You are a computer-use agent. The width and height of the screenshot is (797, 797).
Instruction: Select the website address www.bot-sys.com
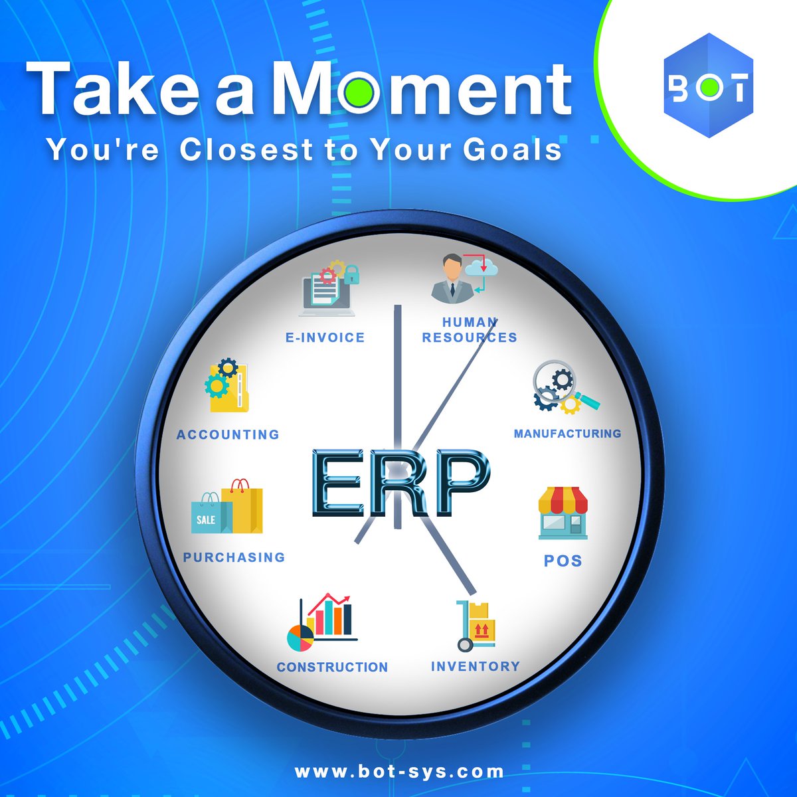399,772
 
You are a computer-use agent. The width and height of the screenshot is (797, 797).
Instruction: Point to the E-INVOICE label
325,337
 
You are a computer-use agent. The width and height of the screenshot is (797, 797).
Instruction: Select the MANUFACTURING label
567,434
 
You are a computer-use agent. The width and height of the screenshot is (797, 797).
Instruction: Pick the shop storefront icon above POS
563,513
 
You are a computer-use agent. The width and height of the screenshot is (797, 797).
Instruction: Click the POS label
563,561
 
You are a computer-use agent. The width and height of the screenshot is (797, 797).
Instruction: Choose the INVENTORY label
476,666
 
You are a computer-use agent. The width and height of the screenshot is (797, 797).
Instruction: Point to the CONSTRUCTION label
332,667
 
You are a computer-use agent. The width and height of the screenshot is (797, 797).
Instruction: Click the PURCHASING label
234,557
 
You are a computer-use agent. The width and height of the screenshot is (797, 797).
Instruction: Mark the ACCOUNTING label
228,434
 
